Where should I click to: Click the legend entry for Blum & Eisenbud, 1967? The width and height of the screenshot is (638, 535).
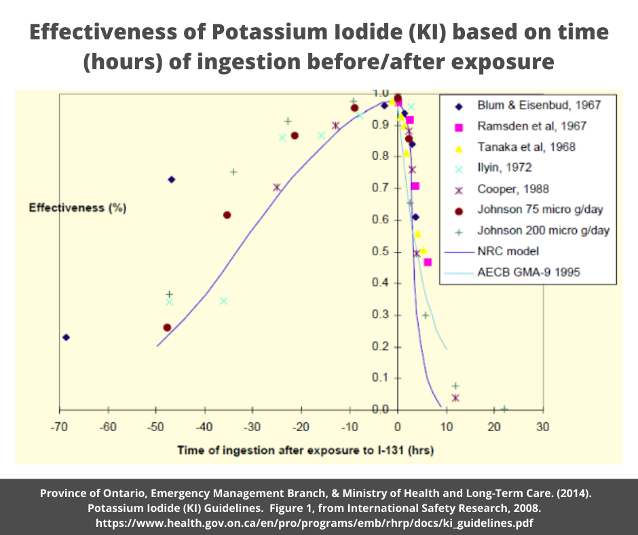(x=529, y=105)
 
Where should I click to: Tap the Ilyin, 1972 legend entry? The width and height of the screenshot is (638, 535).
(x=504, y=168)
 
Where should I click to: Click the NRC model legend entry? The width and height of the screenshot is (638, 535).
(x=508, y=251)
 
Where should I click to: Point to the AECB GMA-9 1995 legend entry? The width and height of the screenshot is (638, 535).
(x=528, y=272)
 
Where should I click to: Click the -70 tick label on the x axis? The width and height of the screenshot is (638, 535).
(x=60, y=427)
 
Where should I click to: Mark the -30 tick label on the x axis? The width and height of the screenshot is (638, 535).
(x=252, y=427)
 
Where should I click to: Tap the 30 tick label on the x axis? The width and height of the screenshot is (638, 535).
(x=542, y=427)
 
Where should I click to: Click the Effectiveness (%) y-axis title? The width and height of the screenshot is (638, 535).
(x=77, y=208)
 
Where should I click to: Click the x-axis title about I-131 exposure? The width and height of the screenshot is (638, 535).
(x=305, y=450)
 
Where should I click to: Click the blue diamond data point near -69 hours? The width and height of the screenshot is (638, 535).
(x=66, y=337)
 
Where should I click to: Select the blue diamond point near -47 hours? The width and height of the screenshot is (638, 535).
(x=172, y=179)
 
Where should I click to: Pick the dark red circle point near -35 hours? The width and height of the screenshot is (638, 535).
(x=227, y=215)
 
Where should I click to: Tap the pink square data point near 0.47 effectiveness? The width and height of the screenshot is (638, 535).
(x=428, y=262)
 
